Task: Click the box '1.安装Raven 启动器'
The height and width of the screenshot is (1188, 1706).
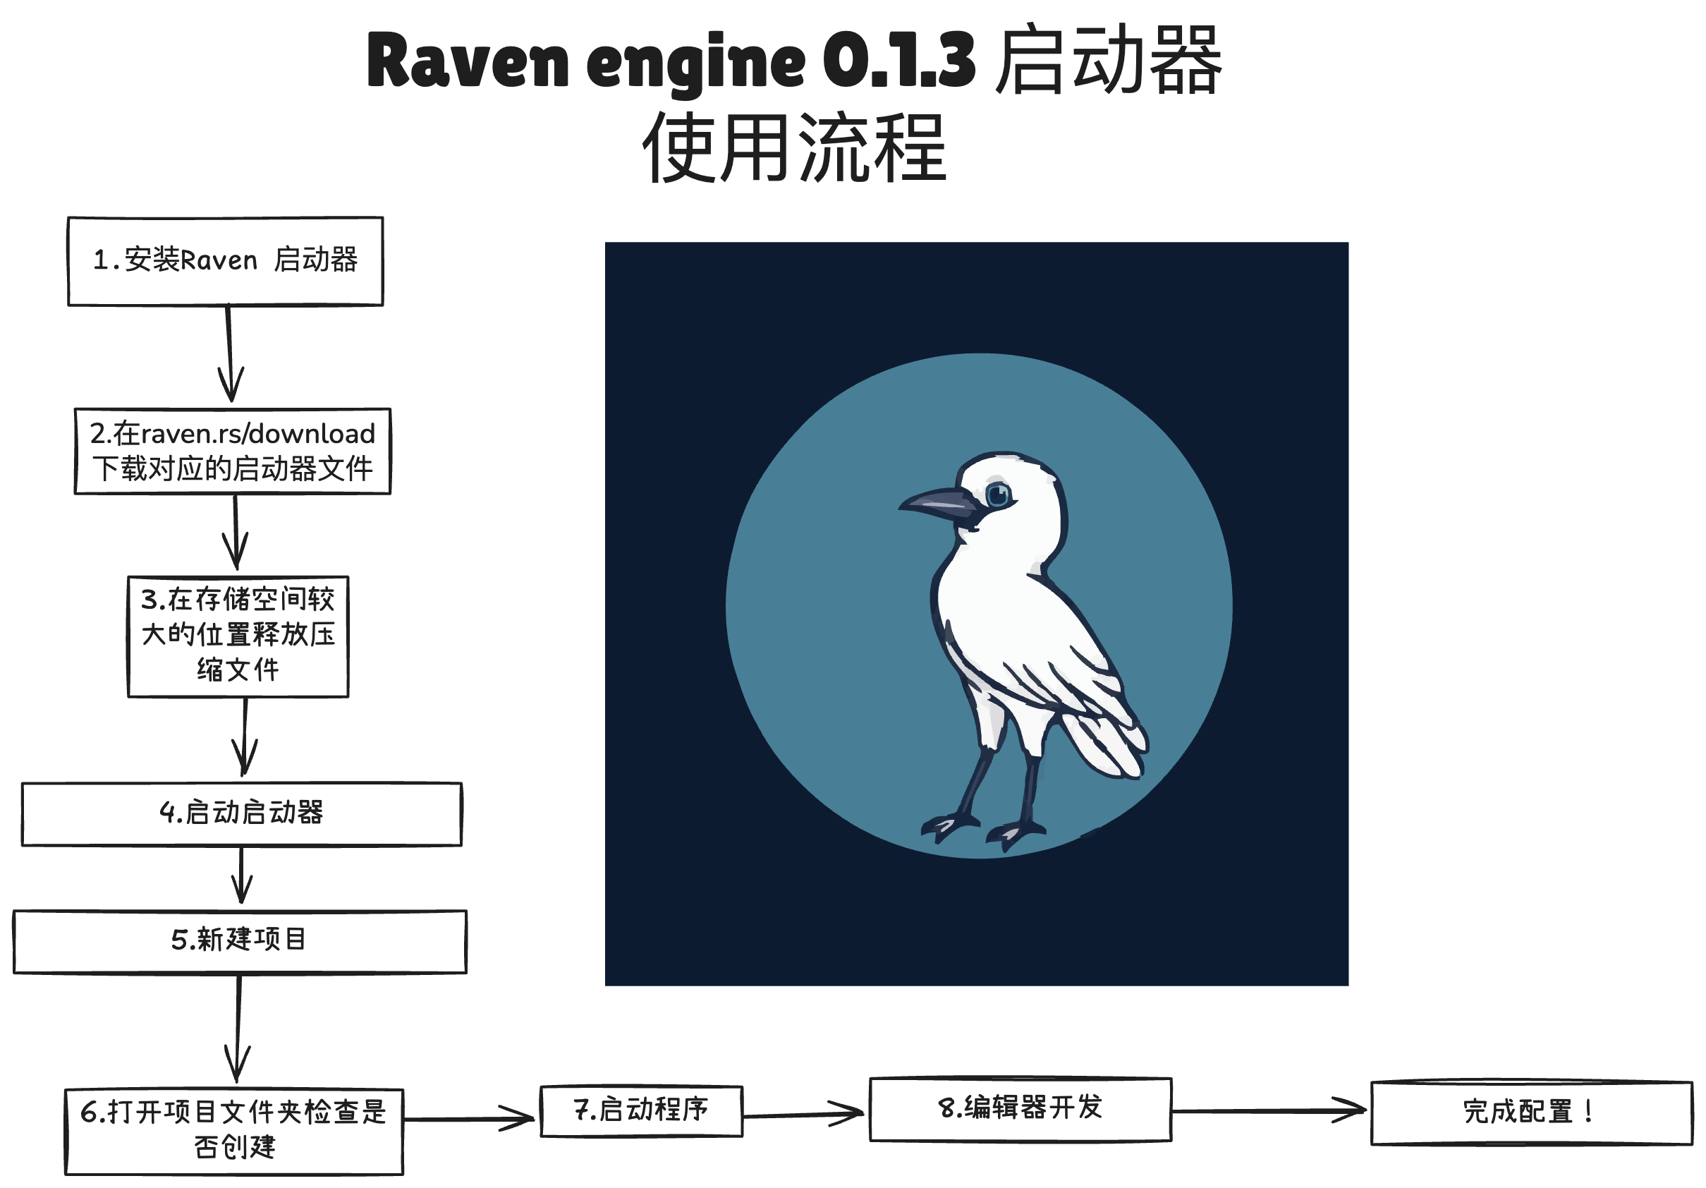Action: click(x=225, y=261)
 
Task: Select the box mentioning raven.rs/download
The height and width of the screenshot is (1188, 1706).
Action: click(x=233, y=451)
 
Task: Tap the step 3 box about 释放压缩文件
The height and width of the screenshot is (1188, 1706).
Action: click(x=238, y=636)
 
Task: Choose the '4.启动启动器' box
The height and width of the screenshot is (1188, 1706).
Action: click(x=241, y=813)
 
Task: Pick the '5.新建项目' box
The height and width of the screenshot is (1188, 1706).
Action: click(x=239, y=941)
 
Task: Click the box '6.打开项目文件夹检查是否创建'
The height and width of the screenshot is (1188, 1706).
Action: click(x=234, y=1131)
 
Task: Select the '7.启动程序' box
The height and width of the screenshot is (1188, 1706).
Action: click(x=641, y=1110)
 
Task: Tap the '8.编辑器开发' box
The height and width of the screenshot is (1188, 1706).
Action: click(x=1020, y=1108)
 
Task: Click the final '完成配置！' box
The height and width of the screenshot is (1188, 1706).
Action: click(x=1530, y=1113)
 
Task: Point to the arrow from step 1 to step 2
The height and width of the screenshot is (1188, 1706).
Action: click(x=230, y=353)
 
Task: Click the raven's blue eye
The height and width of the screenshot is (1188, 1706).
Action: click(x=998, y=494)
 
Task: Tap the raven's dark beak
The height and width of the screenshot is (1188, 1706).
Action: click(x=938, y=504)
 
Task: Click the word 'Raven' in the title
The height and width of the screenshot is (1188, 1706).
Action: click(x=468, y=61)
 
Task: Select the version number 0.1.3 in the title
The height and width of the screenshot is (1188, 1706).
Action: click(x=898, y=61)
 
